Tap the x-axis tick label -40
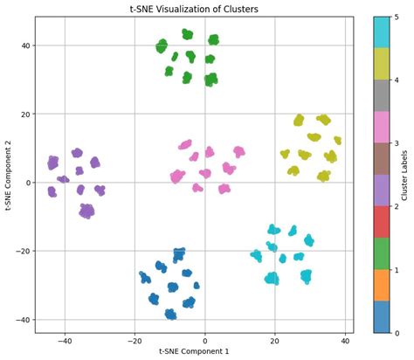point(64,340)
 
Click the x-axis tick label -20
point(134,340)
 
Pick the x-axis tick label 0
point(204,340)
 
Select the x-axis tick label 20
point(275,340)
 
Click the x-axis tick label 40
point(345,340)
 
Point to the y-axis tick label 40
point(25,45)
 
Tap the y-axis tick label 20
point(25,114)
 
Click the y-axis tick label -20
point(23,251)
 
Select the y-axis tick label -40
point(23,320)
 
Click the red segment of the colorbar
point(381,221)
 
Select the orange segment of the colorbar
point(381,285)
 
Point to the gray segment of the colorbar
point(381,94)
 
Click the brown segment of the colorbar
point(381,158)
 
